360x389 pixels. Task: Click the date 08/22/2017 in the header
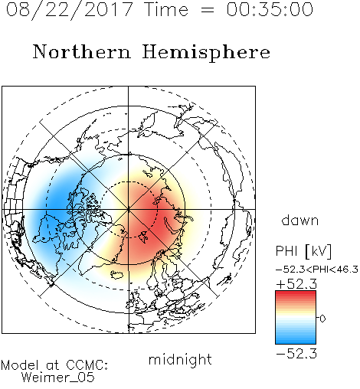point(70,10)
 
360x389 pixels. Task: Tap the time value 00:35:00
point(270,9)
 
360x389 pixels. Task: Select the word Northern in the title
point(82,51)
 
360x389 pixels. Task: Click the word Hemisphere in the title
point(206,53)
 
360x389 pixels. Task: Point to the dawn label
point(300,220)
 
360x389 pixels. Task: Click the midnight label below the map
point(180,360)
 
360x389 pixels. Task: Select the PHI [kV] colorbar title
point(303,251)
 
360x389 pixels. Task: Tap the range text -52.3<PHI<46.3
point(317,270)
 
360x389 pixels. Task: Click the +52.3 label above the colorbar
point(296,284)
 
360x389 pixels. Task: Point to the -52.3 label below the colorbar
point(296,354)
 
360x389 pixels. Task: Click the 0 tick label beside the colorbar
point(322,319)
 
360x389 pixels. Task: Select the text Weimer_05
point(58,377)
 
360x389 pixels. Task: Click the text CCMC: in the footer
point(87,365)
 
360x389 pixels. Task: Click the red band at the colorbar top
point(296,295)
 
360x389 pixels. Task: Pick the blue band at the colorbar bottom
point(296,339)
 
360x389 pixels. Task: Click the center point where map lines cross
point(129,209)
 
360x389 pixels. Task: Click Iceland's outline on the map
point(117,275)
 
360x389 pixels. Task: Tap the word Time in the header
point(166,9)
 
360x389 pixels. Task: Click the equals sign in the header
point(207,10)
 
